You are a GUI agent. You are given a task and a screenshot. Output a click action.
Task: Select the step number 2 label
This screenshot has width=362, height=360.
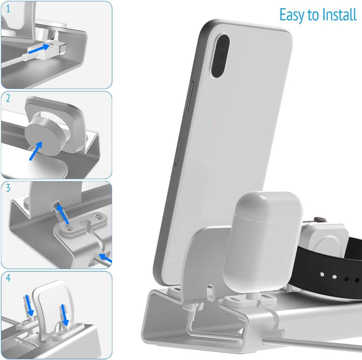click(8, 99)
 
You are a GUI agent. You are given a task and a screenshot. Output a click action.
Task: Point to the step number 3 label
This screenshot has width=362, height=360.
click(8, 189)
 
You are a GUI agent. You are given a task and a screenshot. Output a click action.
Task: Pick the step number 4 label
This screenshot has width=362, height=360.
click(8, 278)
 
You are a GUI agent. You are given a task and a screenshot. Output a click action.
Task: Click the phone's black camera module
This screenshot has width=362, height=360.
click(219, 56)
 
